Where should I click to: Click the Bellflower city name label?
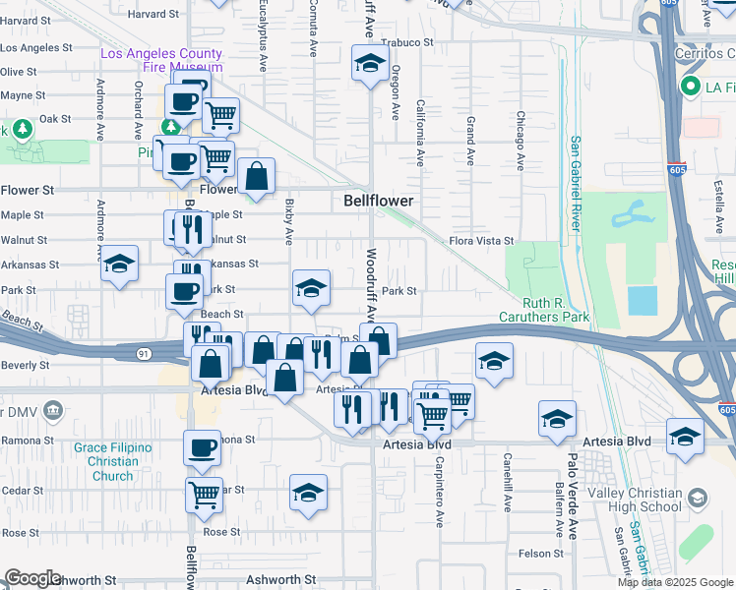tap(378, 201)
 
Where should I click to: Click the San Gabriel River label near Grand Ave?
tap(574, 183)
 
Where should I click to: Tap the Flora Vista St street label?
tap(482, 240)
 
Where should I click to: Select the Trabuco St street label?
tap(407, 42)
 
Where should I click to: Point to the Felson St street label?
tap(542, 554)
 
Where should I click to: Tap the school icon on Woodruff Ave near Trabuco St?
tap(370, 65)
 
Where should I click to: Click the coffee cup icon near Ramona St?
tap(202, 447)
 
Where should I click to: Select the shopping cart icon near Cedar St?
tap(204, 494)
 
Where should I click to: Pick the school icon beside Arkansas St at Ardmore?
tap(120, 264)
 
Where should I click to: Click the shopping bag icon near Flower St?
tap(256, 177)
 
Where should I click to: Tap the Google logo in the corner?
tap(31, 578)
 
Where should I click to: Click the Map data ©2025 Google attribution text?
tap(674, 582)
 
